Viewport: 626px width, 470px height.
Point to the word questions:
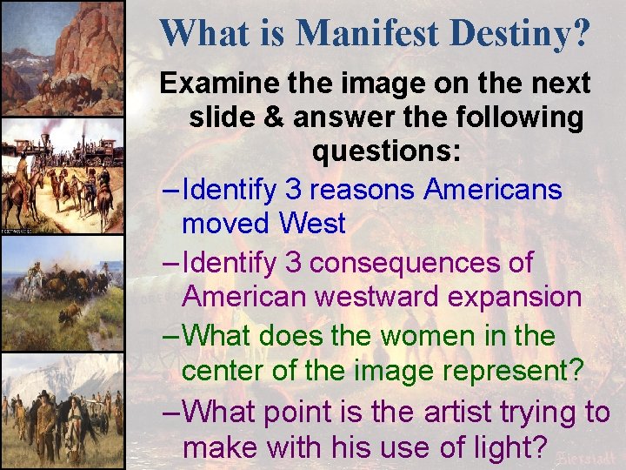tap(386, 151)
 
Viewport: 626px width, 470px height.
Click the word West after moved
tap(312, 224)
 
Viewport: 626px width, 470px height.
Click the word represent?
tap(504, 370)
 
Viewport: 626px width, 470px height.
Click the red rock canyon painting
tap(62, 57)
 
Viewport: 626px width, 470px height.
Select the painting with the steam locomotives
tap(62, 178)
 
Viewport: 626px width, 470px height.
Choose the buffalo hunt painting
tap(62, 294)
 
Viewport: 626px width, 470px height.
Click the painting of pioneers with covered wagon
tap(62, 411)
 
